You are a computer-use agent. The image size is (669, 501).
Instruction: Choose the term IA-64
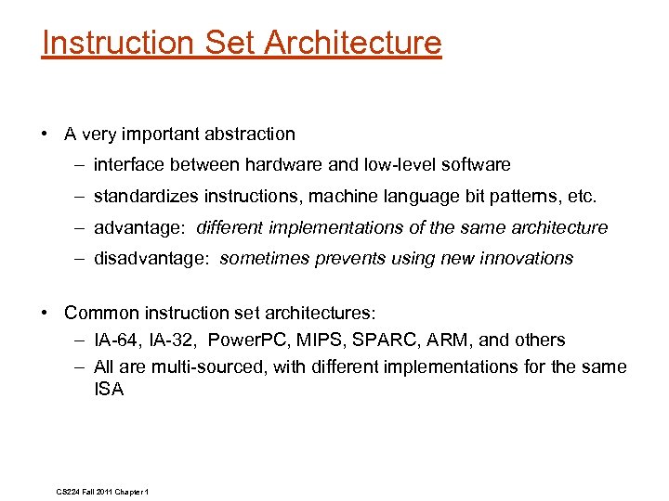coord(116,340)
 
